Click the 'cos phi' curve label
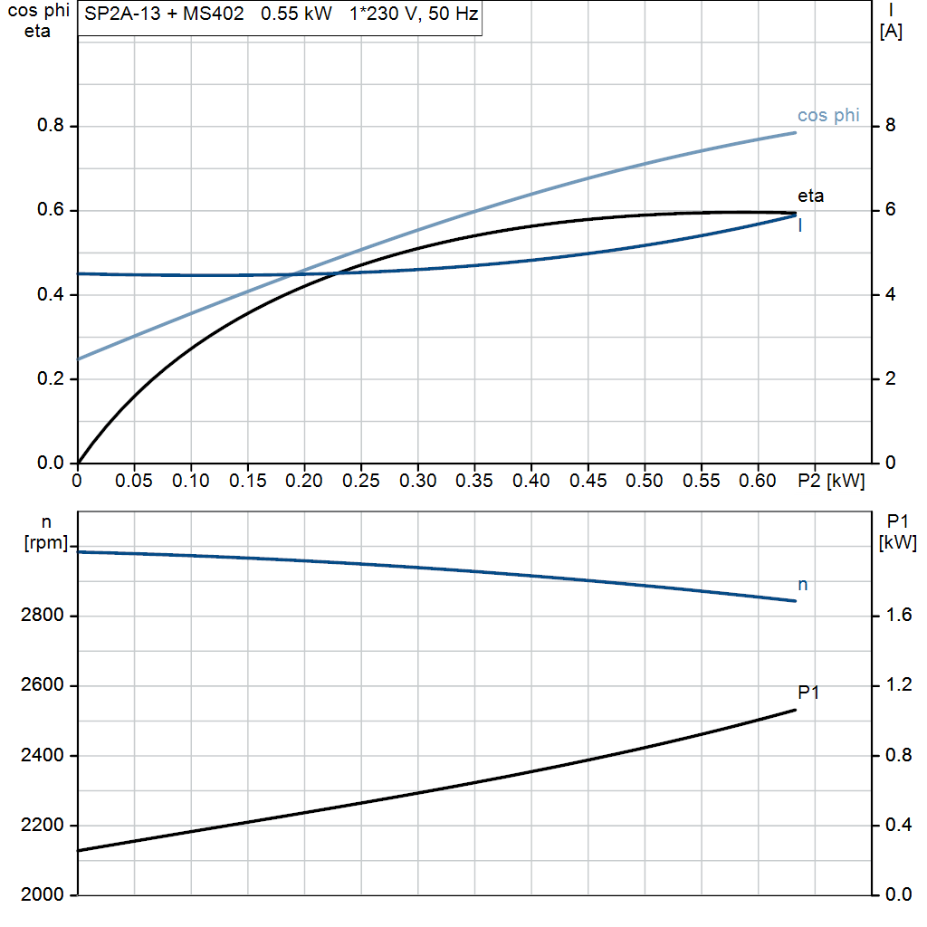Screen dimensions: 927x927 coord(827,116)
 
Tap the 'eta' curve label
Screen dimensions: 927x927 coord(810,196)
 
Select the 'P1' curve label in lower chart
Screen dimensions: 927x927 coord(808,693)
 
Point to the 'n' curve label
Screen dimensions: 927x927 coord(802,585)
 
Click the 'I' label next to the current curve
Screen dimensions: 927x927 coord(800,226)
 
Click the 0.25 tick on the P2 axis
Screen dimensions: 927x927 coord(361,481)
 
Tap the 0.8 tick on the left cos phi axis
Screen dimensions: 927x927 coord(51,126)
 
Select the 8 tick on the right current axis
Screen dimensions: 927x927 coord(890,126)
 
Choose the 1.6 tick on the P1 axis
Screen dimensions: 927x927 coord(897,616)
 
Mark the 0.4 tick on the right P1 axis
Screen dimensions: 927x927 coord(897,826)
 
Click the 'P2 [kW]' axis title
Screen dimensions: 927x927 coord(831,481)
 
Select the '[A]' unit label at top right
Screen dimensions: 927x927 coord(891,33)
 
